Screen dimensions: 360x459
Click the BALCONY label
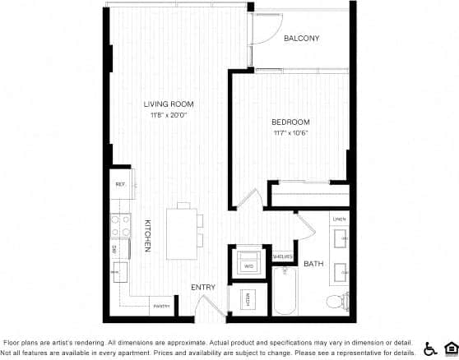point(301,39)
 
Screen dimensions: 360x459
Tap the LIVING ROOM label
point(168,104)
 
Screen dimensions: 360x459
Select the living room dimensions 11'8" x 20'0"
point(168,116)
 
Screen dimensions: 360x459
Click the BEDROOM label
point(290,122)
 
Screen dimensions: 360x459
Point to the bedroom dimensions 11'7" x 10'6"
point(290,134)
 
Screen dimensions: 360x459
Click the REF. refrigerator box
point(120,184)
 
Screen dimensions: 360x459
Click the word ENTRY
point(202,287)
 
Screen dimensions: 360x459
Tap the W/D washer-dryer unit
point(248,265)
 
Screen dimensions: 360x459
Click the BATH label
point(313,264)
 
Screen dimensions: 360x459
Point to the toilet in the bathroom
point(336,301)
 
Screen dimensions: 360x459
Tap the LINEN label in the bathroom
point(338,220)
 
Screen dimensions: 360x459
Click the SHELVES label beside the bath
point(281,256)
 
